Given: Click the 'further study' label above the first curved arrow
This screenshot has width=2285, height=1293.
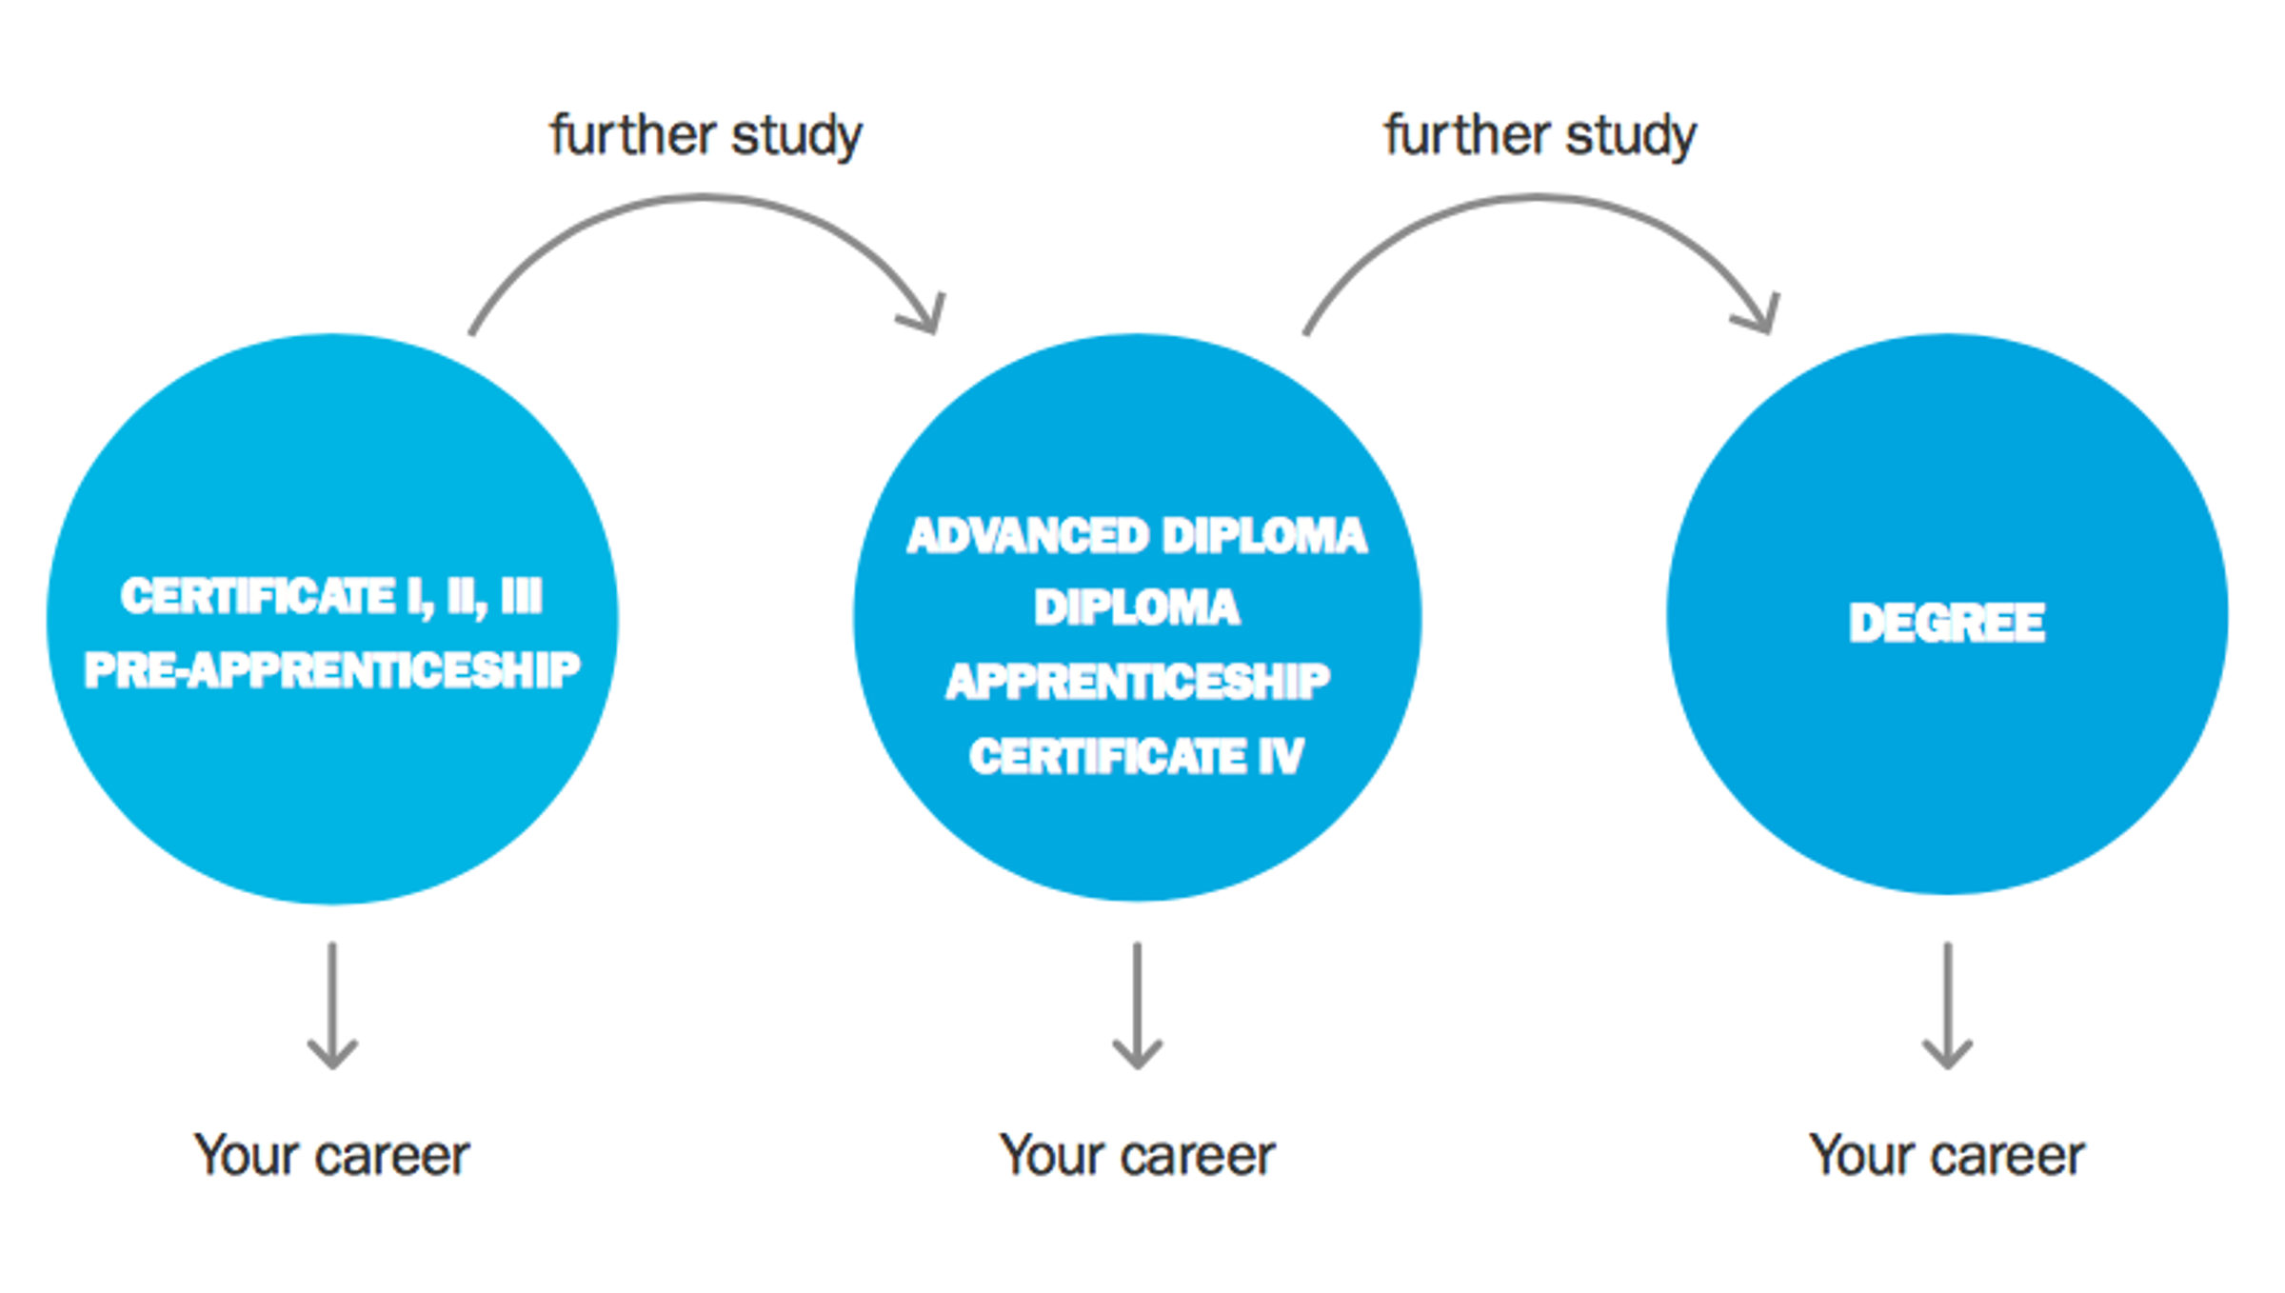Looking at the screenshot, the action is click(x=705, y=136).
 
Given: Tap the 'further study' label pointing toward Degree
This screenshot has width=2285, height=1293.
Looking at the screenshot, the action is click(x=1540, y=136).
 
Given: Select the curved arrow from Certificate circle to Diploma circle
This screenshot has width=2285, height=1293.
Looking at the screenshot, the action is click(x=704, y=198).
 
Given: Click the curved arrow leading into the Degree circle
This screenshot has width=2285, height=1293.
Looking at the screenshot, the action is click(x=1539, y=198).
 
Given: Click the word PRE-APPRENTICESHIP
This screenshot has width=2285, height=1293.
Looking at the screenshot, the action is click(x=332, y=669).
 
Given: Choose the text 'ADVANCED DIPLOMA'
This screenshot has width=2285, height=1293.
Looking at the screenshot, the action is click(x=1137, y=536).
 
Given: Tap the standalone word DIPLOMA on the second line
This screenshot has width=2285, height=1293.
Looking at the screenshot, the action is click(x=1137, y=607).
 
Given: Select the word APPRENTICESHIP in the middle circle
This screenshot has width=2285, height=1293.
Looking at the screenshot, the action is click(x=1138, y=682).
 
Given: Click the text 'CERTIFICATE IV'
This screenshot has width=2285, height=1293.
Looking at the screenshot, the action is click(x=1137, y=757).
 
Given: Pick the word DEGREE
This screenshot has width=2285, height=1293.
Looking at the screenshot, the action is click(x=1946, y=624).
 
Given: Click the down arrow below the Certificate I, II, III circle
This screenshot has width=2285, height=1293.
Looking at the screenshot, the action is click(x=332, y=1005).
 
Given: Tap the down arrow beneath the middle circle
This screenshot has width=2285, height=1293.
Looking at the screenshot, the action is click(x=1138, y=1005).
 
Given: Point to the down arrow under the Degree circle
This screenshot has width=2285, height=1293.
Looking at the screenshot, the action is click(x=1947, y=1005).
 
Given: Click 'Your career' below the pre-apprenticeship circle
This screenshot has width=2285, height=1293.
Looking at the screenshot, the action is click(x=331, y=1156).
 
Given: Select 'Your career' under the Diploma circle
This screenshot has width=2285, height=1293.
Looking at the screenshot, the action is click(x=1137, y=1156).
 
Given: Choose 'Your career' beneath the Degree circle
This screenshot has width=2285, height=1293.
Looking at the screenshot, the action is click(x=1946, y=1156).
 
